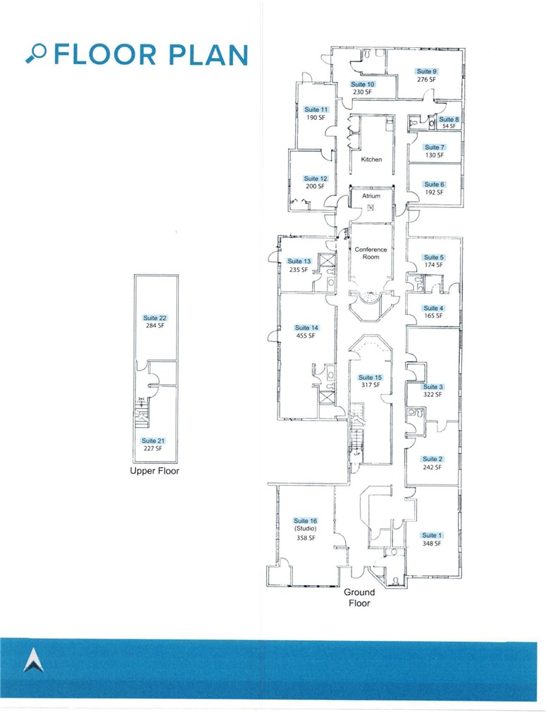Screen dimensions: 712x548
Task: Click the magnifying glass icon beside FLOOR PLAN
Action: coord(37,53)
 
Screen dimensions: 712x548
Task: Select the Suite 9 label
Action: coord(426,71)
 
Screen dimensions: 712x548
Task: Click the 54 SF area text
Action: coord(448,127)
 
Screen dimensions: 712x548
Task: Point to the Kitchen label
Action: coord(371,159)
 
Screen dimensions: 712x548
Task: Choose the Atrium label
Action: coord(371,196)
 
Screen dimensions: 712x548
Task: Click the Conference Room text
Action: coord(370,253)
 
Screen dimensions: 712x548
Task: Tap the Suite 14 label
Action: coord(306,328)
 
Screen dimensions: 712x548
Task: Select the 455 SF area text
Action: coord(306,336)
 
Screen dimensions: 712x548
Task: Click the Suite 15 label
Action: coord(370,377)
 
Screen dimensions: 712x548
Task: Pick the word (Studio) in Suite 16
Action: coord(305,529)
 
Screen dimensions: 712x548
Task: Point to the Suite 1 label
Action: coord(429,535)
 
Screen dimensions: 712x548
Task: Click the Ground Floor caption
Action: coord(357,598)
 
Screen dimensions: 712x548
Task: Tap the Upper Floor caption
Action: coord(155,471)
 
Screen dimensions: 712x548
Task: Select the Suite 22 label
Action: coord(154,318)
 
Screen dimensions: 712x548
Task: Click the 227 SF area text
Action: coord(153,448)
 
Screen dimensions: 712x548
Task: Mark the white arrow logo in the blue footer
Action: coord(33,661)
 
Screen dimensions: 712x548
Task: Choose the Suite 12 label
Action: coord(315,179)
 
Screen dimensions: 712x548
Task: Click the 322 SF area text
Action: coord(433,395)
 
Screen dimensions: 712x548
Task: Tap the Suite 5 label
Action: coord(433,257)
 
